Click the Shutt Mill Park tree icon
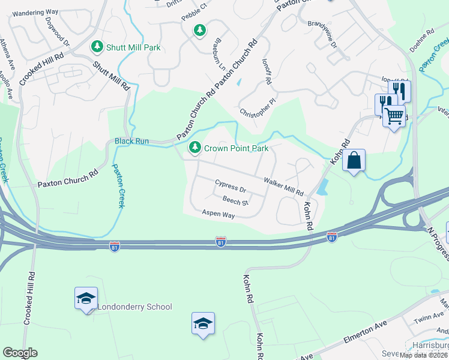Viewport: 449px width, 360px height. click(x=96, y=46)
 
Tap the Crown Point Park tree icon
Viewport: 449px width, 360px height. click(x=195, y=148)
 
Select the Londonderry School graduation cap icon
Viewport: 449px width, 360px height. click(x=86, y=298)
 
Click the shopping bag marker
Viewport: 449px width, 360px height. click(x=354, y=161)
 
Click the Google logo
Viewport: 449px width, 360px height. click(x=20, y=353)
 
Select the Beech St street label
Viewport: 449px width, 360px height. click(x=235, y=202)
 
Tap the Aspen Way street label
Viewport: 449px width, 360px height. click(x=218, y=214)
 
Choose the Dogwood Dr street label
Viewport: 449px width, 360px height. click(x=58, y=32)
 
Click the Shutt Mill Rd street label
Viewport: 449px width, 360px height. click(x=112, y=76)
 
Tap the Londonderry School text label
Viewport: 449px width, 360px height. click(x=135, y=307)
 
